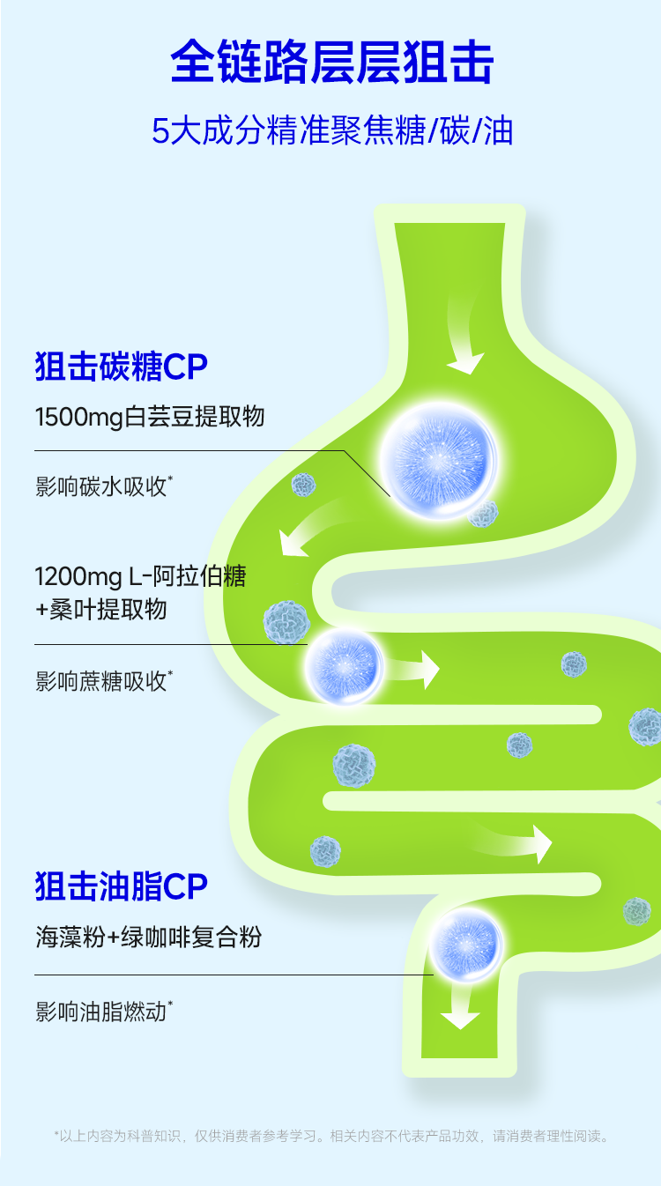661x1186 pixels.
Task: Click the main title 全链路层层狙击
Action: click(331, 62)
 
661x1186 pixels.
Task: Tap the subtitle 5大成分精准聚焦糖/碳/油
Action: click(331, 131)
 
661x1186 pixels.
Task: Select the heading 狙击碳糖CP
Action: click(122, 367)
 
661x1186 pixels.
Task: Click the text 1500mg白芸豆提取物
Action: click(150, 416)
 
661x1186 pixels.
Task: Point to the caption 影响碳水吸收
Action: click(103, 486)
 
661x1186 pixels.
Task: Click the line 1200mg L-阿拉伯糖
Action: click(140, 577)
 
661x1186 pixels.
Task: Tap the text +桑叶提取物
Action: click(100, 609)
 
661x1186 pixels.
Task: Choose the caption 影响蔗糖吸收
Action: click(103, 680)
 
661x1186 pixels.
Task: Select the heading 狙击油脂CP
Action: click(122, 887)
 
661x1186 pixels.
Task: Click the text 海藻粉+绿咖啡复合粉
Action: click(148, 937)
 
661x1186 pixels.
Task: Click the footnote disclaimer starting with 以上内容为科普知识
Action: click(331, 1136)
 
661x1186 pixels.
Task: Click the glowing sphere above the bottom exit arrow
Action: click(466, 945)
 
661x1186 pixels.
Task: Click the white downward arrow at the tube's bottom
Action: click(460, 1005)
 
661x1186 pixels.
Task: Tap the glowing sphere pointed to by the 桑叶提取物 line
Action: click(345, 666)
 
